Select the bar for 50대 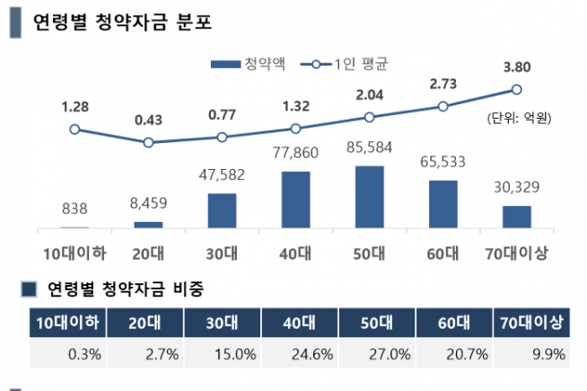point(369,197)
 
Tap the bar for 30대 point(222,210)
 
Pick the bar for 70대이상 point(516,217)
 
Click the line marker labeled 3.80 point(516,89)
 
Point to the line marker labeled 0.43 point(148,142)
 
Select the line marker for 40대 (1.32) point(295,129)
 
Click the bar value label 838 point(74,209)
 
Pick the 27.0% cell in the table point(377,353)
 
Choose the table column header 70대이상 point(532,323)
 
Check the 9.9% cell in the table point(547,353)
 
